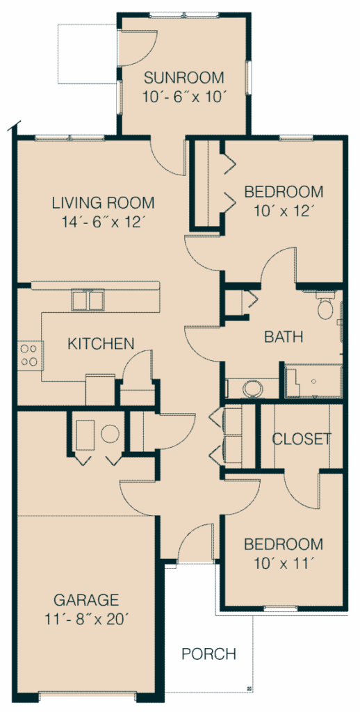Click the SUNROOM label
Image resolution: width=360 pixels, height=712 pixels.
[x=183, y=78]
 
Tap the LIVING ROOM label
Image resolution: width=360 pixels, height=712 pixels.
[x=103, y=204]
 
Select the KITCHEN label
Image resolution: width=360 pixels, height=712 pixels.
[x=101, y=343]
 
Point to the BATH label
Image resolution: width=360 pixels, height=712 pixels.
[x=284, y=338]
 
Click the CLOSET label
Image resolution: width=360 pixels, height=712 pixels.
[x=301, y=439]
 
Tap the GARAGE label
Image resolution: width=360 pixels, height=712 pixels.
[x=86, y=600]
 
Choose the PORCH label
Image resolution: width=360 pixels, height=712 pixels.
[x=208, y=654]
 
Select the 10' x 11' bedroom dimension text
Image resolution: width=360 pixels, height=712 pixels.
[x=284, y=563]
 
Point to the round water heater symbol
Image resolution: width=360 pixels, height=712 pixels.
[x=111, y=435]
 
